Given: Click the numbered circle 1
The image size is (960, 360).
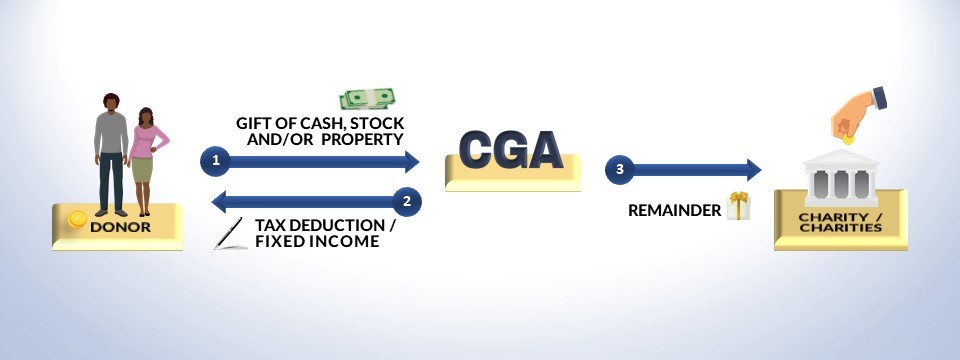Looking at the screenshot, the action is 215,162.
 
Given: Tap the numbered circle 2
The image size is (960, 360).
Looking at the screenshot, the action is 407,201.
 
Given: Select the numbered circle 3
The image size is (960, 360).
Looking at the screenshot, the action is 620,170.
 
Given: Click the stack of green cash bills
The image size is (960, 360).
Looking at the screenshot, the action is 367,99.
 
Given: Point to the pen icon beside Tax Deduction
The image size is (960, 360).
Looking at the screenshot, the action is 230,233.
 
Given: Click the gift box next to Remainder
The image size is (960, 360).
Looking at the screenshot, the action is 738,206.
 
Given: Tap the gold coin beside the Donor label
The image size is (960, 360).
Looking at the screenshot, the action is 77,219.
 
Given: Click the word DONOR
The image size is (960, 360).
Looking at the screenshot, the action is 120,227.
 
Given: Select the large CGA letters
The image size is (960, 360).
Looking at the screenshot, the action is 511,150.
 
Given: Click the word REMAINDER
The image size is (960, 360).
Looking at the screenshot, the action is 675,211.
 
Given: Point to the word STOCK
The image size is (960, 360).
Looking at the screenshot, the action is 380,122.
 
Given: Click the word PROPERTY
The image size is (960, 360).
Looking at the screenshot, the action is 362,139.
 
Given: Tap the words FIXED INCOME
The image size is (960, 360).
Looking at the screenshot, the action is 317,241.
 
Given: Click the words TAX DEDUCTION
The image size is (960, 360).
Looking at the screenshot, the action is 320,225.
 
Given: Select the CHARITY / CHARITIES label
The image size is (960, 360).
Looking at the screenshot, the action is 840,222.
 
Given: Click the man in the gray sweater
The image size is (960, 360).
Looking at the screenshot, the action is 111,154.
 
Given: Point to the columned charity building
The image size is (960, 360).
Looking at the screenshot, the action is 841,178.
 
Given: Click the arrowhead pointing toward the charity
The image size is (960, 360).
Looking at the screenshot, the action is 752,170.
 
